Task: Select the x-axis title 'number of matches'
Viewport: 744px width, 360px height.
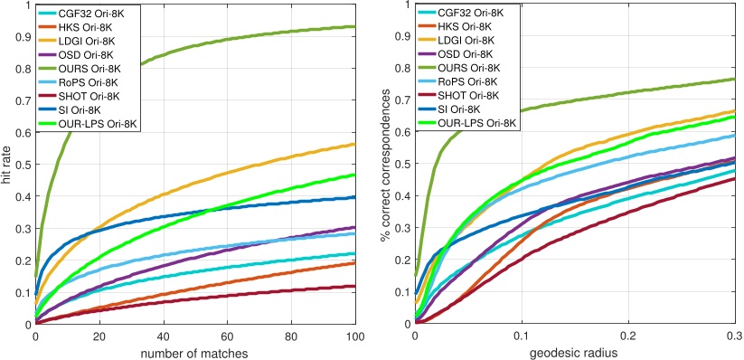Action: (195, 351)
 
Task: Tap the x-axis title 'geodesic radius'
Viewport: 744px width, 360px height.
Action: (575, 351)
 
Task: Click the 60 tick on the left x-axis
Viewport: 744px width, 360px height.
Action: (228, 335)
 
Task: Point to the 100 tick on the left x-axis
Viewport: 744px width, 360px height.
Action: (355, 335)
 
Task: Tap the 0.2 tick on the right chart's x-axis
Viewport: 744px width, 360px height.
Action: (629, 335)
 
